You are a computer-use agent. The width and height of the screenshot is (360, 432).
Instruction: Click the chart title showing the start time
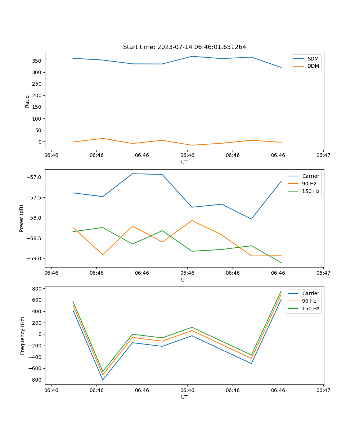coord(184,47)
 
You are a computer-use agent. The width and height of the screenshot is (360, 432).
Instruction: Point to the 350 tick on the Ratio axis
coord(37,61)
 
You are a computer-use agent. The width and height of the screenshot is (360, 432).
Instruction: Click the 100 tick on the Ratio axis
coord(37,119)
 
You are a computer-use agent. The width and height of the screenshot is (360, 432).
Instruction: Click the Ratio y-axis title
coord(27,101)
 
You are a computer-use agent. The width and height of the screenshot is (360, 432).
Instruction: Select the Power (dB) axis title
coord(22,218)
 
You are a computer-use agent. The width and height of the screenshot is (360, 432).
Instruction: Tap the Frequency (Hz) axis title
coord(23,336)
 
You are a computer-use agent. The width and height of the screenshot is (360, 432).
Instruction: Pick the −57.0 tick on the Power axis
coord(35,177)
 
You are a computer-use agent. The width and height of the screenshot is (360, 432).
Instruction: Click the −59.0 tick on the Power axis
coord(35,258)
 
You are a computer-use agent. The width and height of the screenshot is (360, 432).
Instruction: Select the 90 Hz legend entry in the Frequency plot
coord(309,301)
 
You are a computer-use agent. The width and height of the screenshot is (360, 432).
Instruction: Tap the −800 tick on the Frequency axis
coord(36,380)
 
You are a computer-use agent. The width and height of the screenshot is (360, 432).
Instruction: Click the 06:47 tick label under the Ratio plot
coord(323,156)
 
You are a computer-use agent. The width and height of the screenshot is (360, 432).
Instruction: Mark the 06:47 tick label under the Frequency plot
coord(323,390)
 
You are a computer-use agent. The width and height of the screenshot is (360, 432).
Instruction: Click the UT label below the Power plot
coord(184,280)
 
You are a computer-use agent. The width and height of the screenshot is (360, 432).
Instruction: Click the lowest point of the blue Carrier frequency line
coord(103,380)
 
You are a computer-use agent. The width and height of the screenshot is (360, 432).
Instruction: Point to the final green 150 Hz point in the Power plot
coord(281,262)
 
